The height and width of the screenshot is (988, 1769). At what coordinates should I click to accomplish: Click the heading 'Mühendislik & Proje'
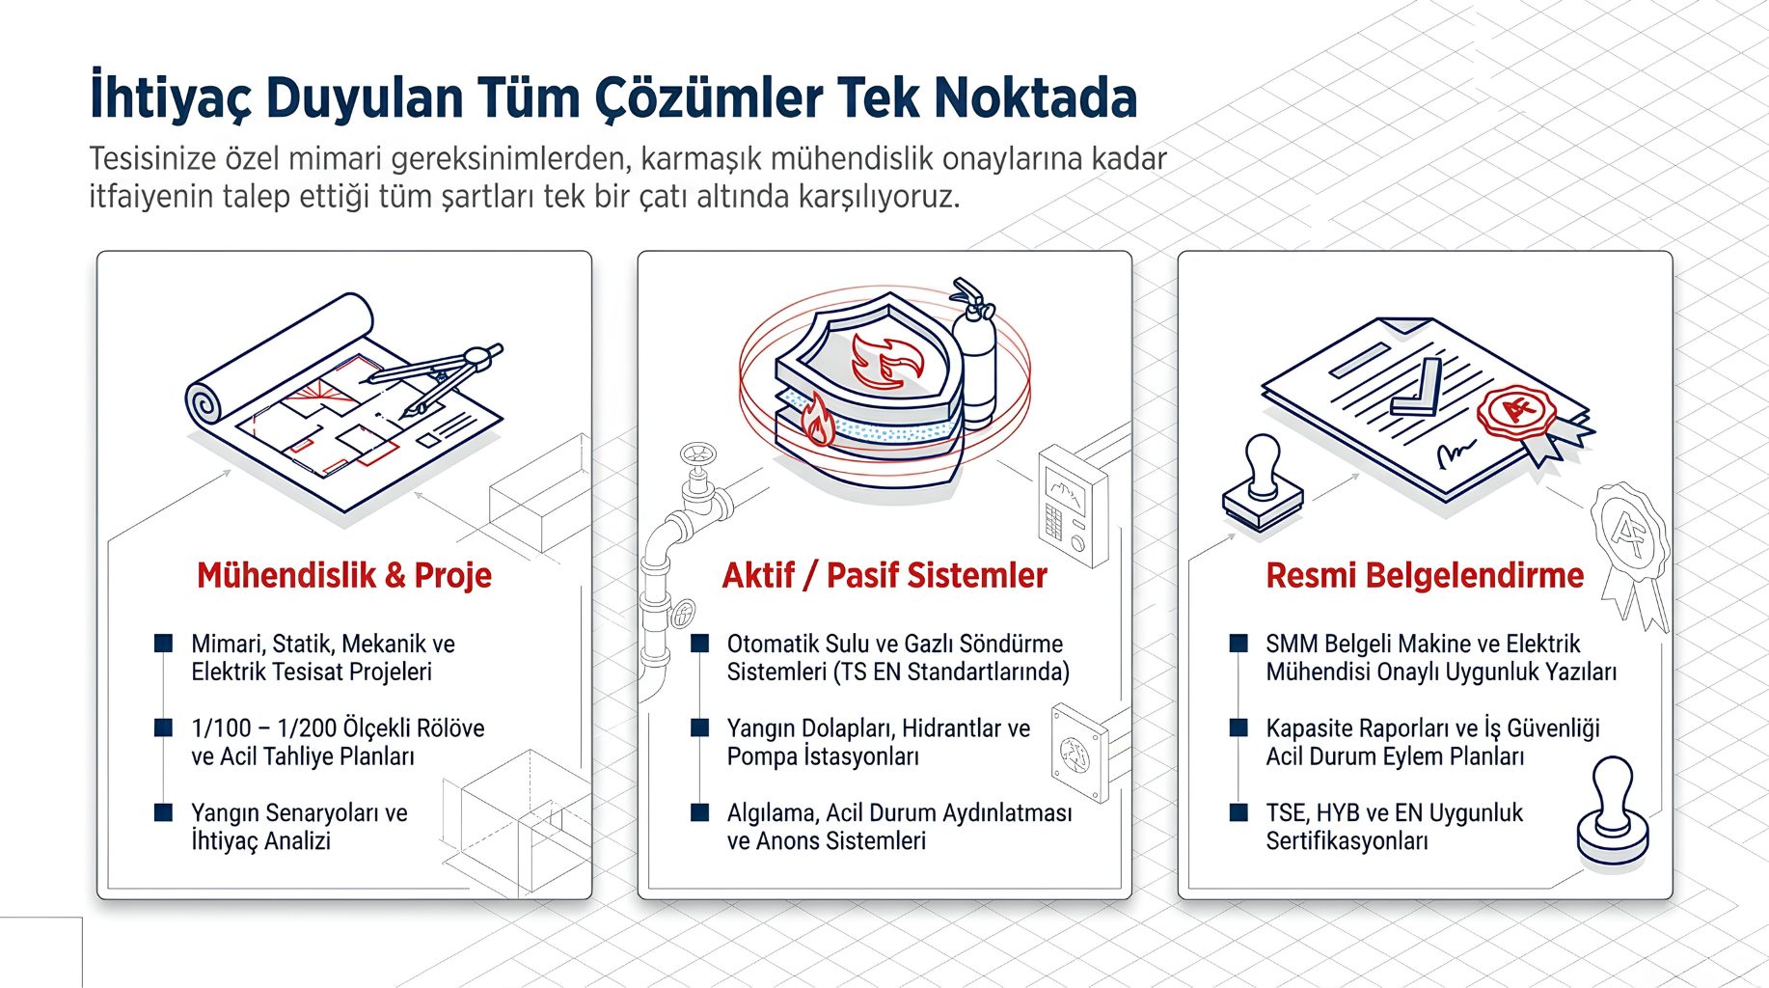[x=344, y=575]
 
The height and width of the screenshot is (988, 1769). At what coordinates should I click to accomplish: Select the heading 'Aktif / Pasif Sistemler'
[x=884, y=575]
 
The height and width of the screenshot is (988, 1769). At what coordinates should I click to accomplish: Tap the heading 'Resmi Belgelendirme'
[x=1425, y=575]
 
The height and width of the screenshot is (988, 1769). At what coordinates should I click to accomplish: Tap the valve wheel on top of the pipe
[x=697, y=453]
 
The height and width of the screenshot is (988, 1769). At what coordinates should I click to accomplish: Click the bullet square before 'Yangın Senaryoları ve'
[x=164, y=812]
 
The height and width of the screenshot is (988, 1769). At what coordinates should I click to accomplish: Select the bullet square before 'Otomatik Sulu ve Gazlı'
[x=700, y=644]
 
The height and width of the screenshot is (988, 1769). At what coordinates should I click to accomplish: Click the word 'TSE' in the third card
[x=1287, y=813]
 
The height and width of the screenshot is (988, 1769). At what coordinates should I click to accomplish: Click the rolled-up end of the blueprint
[x=204, y=402]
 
